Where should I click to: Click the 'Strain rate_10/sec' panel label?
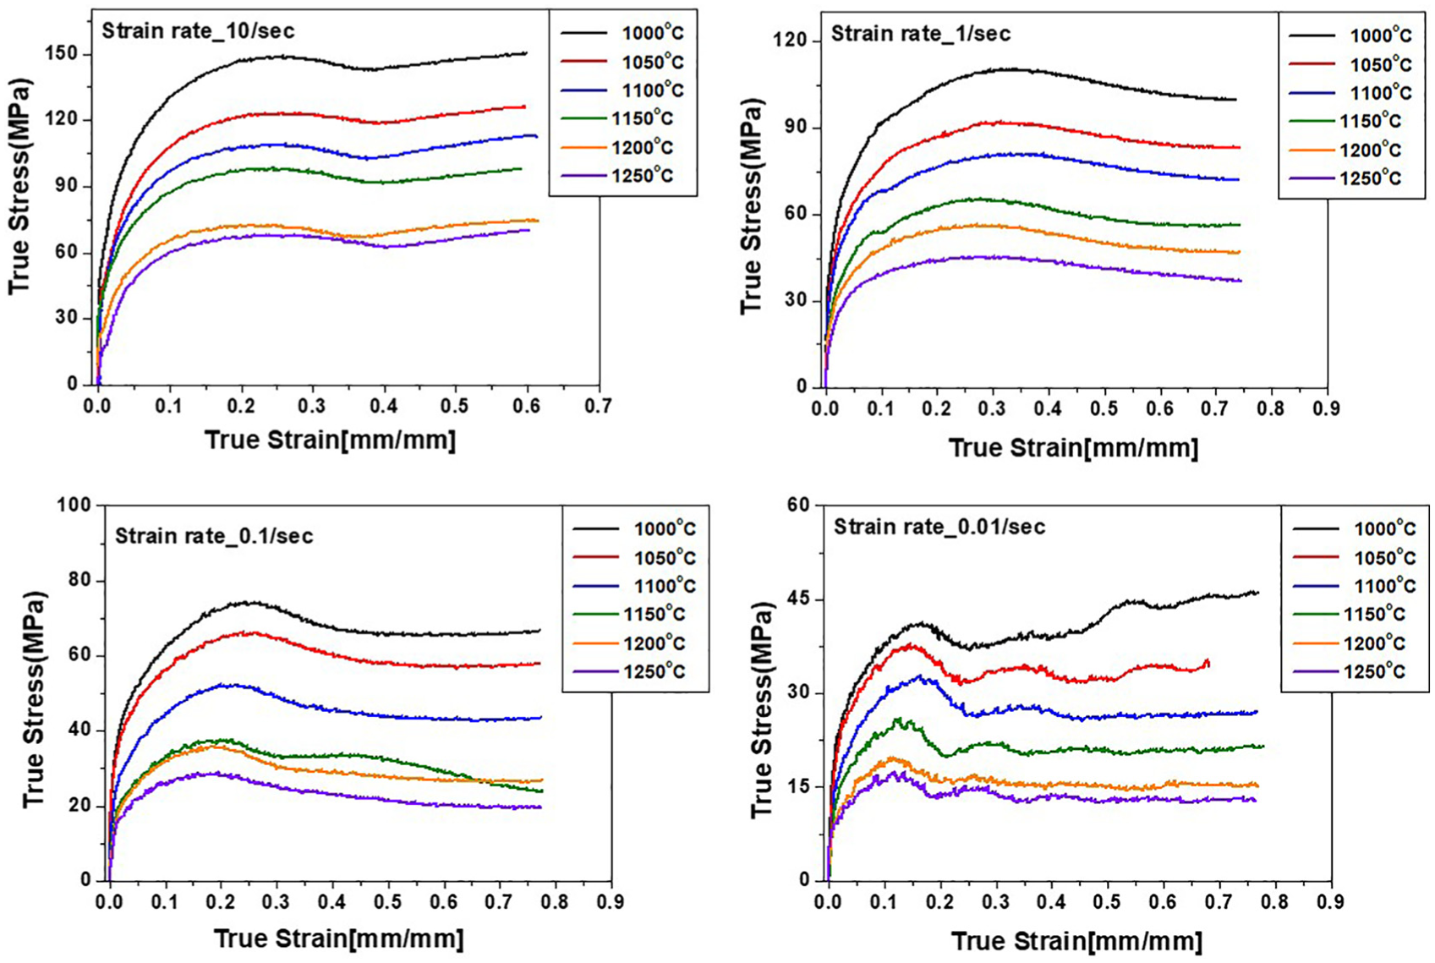point(198,30)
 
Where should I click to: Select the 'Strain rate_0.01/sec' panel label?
point(939,527)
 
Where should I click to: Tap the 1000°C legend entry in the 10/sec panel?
point(622,32)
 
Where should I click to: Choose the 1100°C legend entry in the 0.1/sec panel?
point(634,586)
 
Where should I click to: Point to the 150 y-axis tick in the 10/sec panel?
point(62,54)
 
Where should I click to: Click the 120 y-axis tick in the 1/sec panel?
point(791,41)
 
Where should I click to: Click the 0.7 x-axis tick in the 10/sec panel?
point(599,406)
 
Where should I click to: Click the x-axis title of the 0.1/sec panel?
point(339,938)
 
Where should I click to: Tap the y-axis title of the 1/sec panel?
point(752,207)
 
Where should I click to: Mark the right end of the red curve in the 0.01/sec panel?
point(1208,666)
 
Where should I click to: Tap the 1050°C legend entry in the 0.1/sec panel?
point(634,557)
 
